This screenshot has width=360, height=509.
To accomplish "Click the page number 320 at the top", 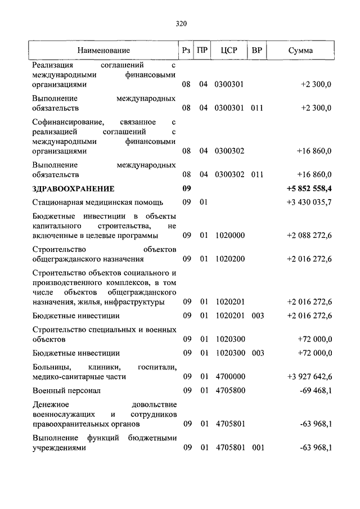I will (180, 24).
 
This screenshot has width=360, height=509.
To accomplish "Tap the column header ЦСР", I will (229, 51).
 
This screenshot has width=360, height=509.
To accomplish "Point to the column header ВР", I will (257, 51).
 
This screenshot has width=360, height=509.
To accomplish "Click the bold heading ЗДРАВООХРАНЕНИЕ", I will (73, 188).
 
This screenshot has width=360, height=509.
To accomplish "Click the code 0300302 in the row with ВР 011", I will (229, 174).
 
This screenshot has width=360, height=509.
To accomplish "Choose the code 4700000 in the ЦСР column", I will (229, 377).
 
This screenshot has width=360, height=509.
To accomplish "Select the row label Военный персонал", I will (66, 391).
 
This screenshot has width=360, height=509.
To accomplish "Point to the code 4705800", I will (229, 391).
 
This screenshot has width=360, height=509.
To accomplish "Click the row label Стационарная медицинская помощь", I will (97, 202).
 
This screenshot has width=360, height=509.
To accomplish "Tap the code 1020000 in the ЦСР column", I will (229, 236).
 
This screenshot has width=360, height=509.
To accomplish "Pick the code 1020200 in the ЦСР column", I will (229, 259).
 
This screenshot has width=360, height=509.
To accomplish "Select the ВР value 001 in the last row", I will (258, 448).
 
